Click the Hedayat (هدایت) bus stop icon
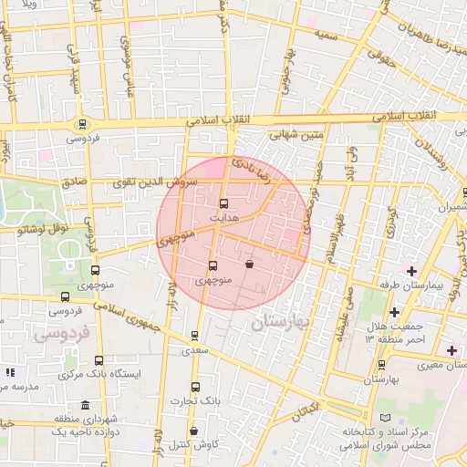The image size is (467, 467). tap(224, 204)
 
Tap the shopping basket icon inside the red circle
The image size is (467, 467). tap(249, 265)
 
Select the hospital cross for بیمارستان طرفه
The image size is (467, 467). tap(411, 271)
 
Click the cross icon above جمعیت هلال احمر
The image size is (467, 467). tap(394, 313)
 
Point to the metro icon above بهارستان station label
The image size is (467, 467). tap(381, 365)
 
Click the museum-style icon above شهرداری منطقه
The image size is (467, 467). tap(85, 406)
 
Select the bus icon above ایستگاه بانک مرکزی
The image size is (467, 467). tap(99, 360)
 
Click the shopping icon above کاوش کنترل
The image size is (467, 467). tap(193, 431)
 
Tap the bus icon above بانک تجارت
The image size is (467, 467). tap(194, 387)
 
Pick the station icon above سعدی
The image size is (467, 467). tap(194, 337)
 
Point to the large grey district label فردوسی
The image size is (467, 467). tap(59, 335)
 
